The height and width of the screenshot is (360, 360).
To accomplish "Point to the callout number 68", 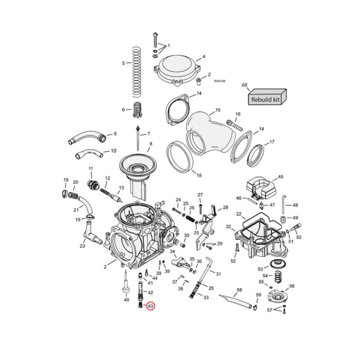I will click(x=245, y=85).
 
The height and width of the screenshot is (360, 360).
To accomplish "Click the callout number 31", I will click(x=218, y=274).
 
